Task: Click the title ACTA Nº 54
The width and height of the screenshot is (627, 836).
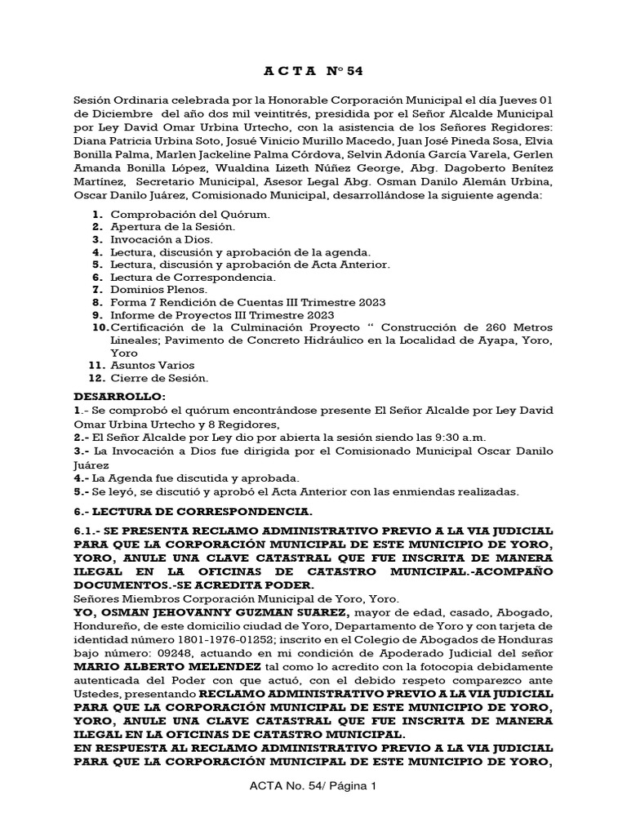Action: click(313, 71)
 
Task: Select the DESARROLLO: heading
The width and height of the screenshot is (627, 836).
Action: click(113, 396)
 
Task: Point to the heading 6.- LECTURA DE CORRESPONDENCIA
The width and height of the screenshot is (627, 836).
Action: click(193, 512)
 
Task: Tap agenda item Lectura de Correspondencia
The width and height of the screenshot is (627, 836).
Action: click(193, 278)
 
